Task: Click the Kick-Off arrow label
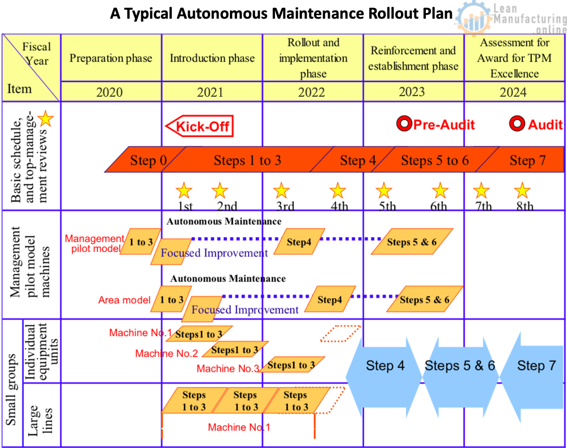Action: (199, 126)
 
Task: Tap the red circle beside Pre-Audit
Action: (403, 124)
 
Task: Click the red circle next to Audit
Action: (517, 124)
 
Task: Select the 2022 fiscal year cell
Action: (313, 92)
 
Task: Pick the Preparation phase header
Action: (111, 58)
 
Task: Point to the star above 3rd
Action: (281, 190)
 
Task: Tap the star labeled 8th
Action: (522, 190)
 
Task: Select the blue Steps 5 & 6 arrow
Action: (460, 365)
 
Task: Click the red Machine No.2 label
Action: (167, 354)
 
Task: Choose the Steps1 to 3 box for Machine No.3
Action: (291, 365)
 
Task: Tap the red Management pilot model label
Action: (94, 243)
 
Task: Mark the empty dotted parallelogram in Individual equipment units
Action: (341, 333)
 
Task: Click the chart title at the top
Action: (281, 14)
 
